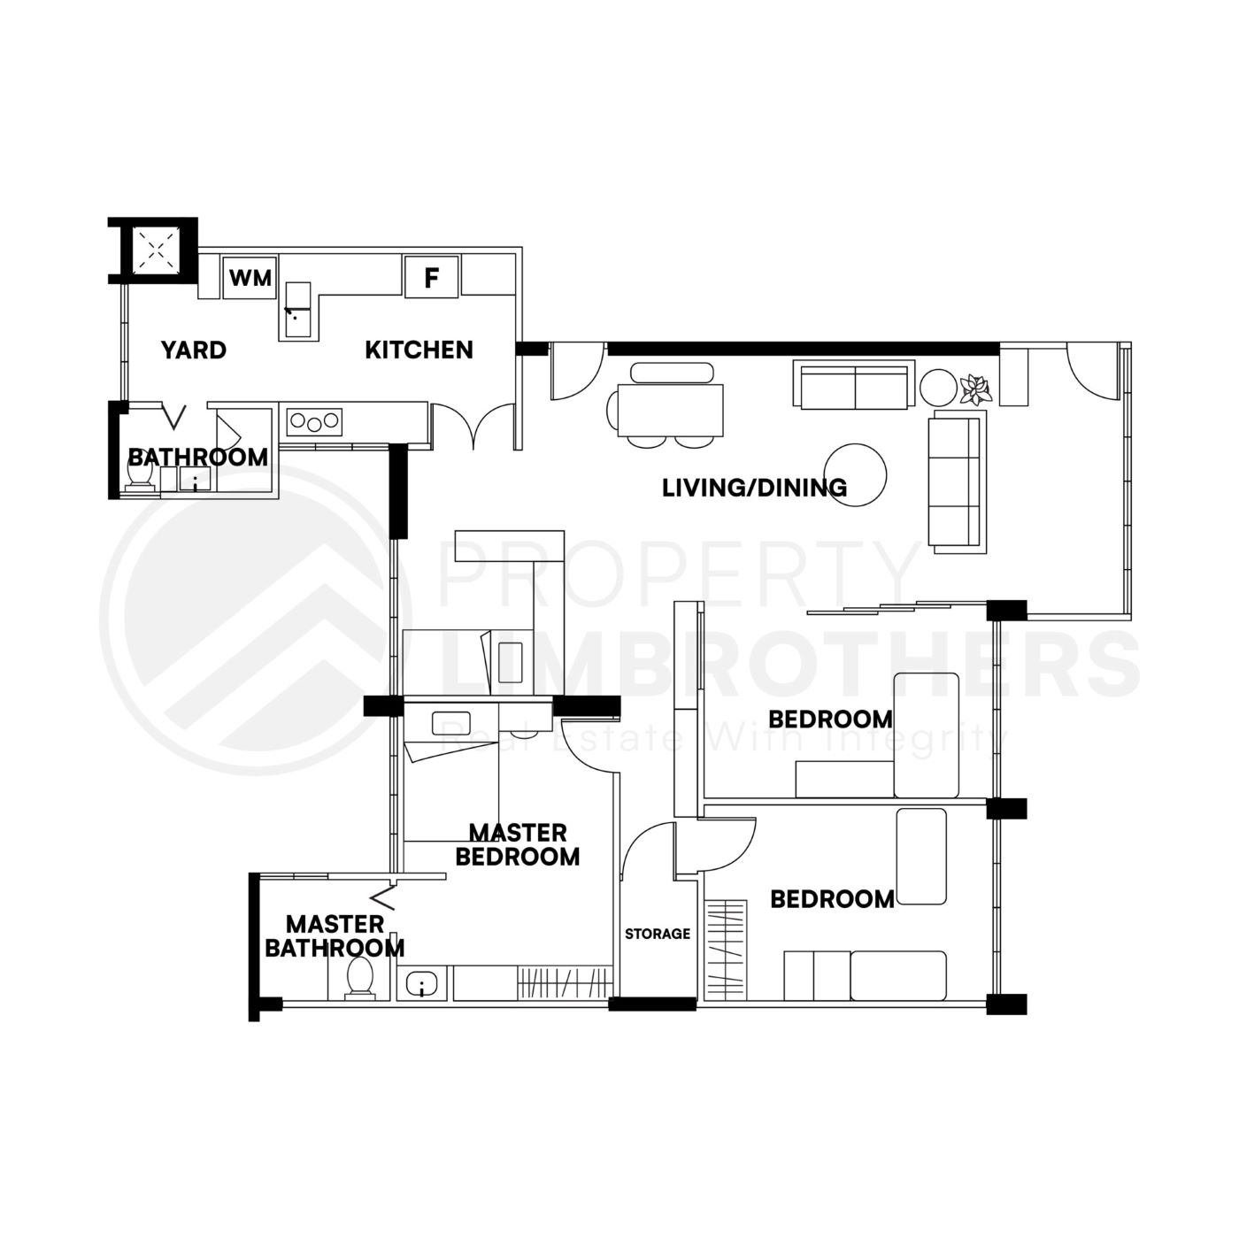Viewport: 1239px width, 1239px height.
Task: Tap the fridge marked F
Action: click(x=431, y=278)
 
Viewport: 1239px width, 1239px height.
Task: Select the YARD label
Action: click(x=194, y=350)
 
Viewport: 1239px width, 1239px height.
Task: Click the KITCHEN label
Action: click(x=419, y=350)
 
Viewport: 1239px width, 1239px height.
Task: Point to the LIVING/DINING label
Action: click(x=754, y=488)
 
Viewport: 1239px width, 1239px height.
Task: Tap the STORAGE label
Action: click(x=657, y=934)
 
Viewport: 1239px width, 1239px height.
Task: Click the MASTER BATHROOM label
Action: click(x=334, y=936)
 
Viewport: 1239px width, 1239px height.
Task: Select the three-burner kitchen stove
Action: click(x=314, y=421)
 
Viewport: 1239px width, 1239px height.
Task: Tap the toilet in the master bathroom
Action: click(x=359, y=978)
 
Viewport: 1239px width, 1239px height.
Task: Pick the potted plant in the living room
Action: click(x=976, y=389)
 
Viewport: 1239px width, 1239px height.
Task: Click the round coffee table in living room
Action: click(x=855, y=474)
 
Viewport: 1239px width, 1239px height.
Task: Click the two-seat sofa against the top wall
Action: click(x=854, y=386)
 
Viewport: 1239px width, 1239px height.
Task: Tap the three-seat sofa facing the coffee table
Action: click(x=957, y=482)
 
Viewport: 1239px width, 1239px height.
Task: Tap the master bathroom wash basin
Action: click(x=423, y=984)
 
